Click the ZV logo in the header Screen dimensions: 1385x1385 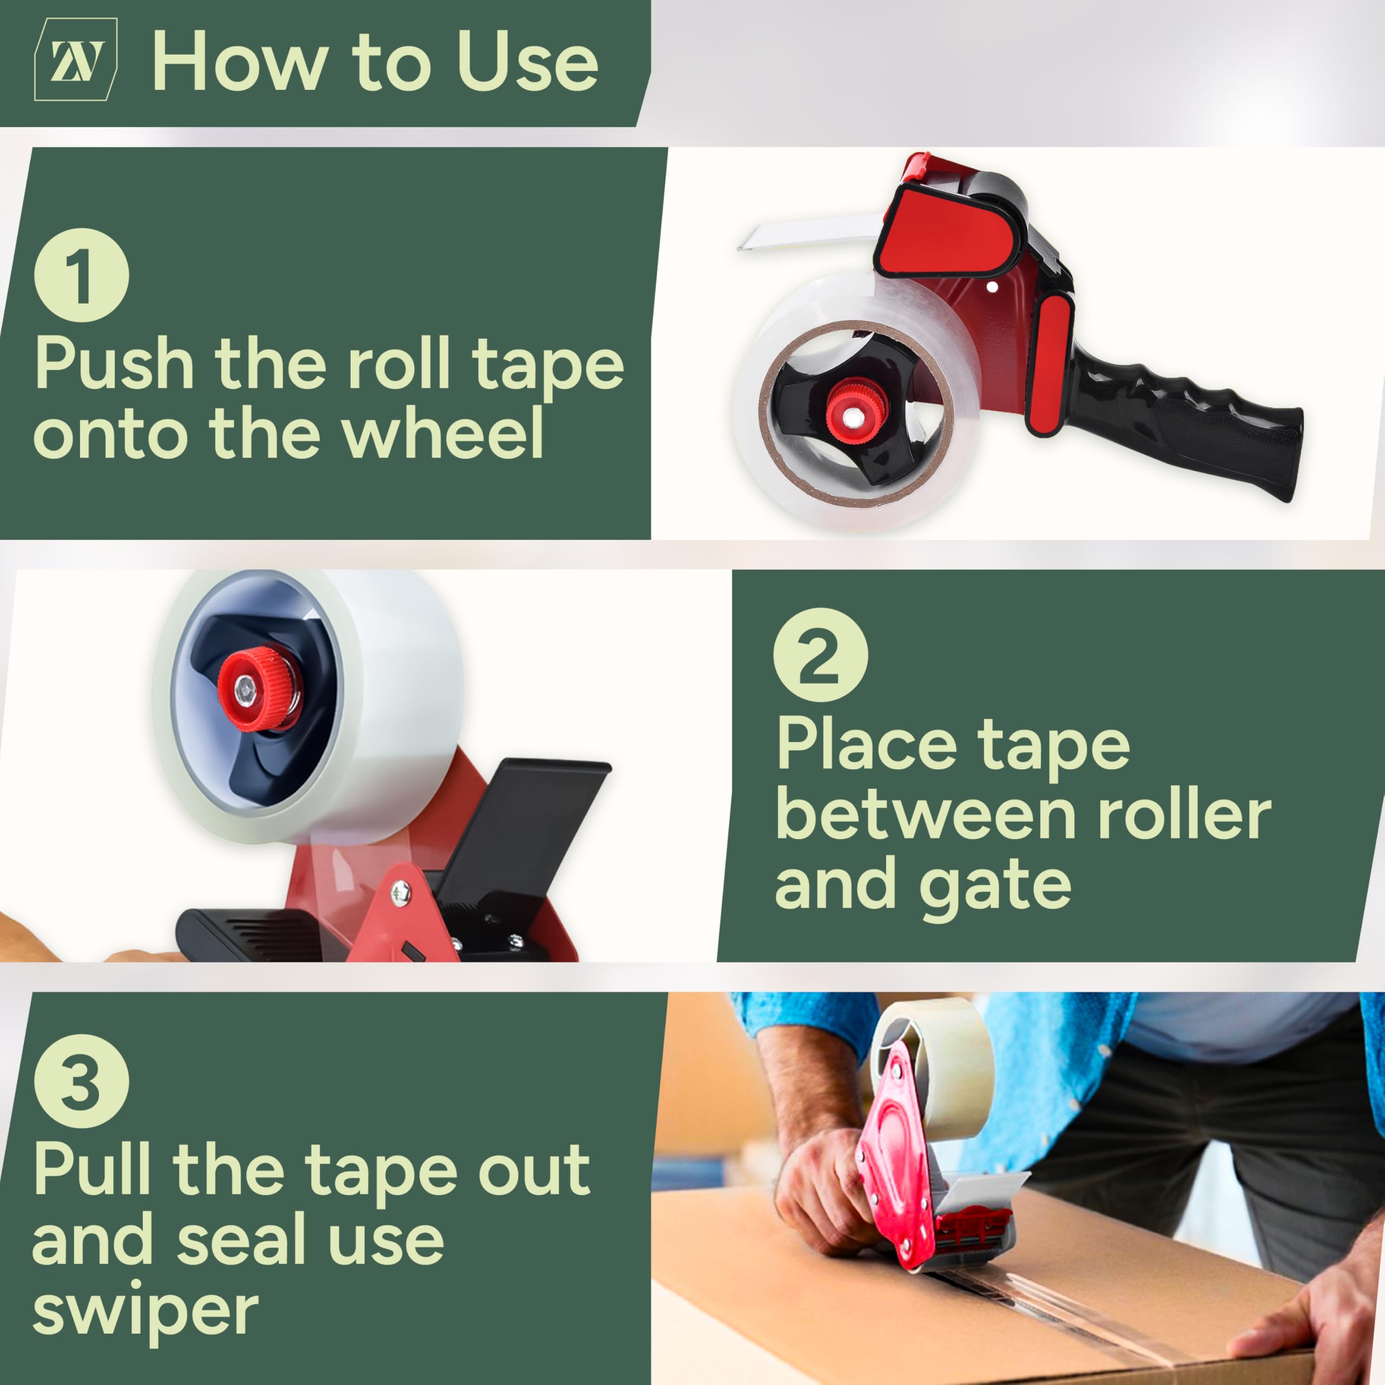[x=76, y=60]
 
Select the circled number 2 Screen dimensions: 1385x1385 [x=820, y=655]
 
